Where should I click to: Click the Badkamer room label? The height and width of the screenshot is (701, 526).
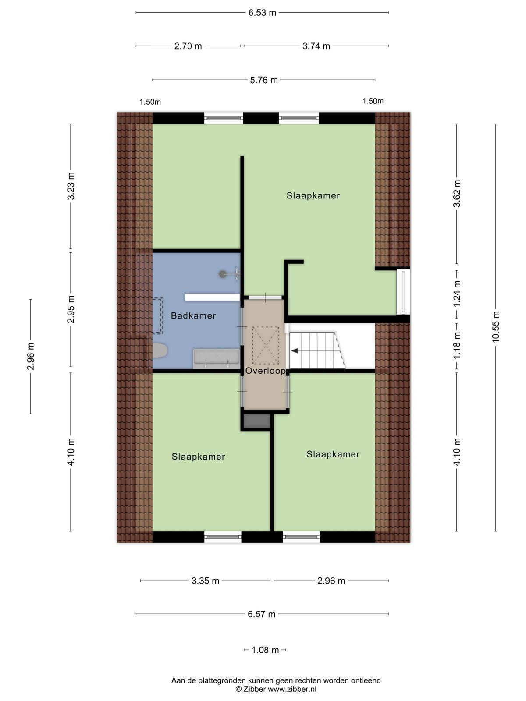[x=193, y=315]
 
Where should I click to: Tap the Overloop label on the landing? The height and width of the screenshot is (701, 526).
[x=265, y=371]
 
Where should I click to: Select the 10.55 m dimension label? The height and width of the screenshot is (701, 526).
[x=495, y=327]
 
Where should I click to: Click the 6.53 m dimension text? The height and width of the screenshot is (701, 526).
[x=262, y=13]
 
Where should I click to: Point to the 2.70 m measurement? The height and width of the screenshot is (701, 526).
[x=188, y=46]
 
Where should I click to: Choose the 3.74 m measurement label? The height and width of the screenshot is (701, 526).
[x=316, y=46]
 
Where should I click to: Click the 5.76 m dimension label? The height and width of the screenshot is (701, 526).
[x=264, y=80]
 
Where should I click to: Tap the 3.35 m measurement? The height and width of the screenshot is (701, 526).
[x=205, y=581]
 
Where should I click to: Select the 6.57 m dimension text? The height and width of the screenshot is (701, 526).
[x=262, y=614]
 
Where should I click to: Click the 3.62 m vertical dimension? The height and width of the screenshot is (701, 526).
[x=457, y=194]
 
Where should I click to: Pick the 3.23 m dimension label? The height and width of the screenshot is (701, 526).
[x=71, y=186]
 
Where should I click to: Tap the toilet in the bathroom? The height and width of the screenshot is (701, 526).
[x=160, y=350]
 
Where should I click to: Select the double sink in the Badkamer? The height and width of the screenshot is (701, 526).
[x=216, y=359]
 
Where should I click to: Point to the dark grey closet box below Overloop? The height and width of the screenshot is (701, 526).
[x=257, y=421]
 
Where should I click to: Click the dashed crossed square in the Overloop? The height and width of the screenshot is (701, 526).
[x=266, y=345]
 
